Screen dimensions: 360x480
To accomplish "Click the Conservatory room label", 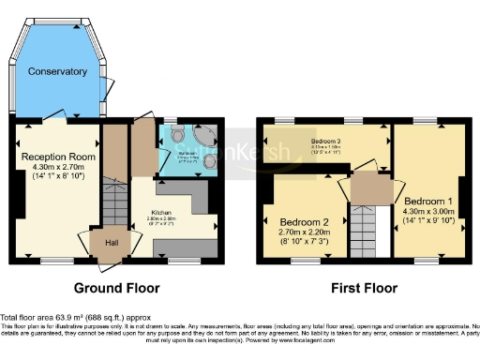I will click(57, 71).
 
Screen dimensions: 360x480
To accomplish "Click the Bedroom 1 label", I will click(427, 201).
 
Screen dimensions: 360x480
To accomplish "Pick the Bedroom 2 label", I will click(305, 223).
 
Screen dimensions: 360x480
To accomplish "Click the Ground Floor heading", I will click(117, 288).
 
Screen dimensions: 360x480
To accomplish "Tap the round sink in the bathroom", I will click(208, 164).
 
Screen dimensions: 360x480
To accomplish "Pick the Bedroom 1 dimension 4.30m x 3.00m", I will click(427, 212).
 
